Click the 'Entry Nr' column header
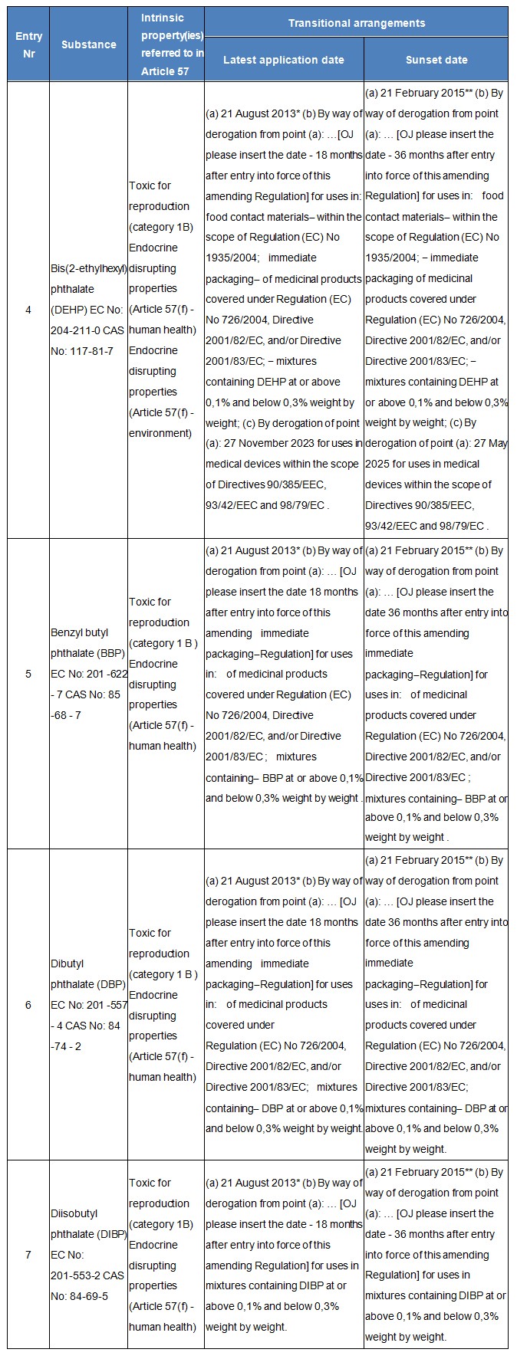pyautogui.click(x=28, y=44)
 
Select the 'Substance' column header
pyautogui.click(x=88, y=44)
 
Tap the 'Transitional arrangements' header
pyautogui.click(x=356, y=23)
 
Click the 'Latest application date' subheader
pyautogui.click(x=284, y=60)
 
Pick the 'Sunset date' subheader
pyautogui.click(x=436, y=60)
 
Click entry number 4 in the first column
pyautogui.click(x=28, y=310)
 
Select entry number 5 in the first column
pyautogui.click(x=28, y=674)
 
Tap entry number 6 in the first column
pyautogui.click(x=28, y=1004)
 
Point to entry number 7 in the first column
pyautogui.click(x=28, y=1255)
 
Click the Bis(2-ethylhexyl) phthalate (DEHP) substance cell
pyautogui.click(x=87, y=310)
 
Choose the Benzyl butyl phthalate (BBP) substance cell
pyautogui.click(x=87, y=674)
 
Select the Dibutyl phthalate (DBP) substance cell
pyautogui.click(x=87, y=1004)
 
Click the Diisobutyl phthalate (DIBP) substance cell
pyautogui.click(x=87, y=1255)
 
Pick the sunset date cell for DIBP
pyautogui.click(x=435, y=1255)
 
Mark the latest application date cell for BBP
pyautogui.click(x=284, y=674)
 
